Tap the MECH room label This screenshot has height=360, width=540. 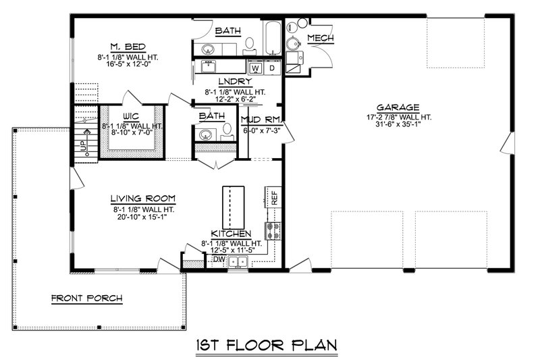pos(320,38)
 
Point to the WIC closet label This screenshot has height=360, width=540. pos(130,115)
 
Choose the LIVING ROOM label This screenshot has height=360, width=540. pos(142,199)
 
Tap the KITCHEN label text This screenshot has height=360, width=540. pos(231,233)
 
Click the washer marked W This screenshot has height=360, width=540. pos(255,68)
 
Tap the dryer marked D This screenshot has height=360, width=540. pos(271,68)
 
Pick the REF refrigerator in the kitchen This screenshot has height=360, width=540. pos(274,198)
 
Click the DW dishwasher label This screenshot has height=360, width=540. pos(218,259)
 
